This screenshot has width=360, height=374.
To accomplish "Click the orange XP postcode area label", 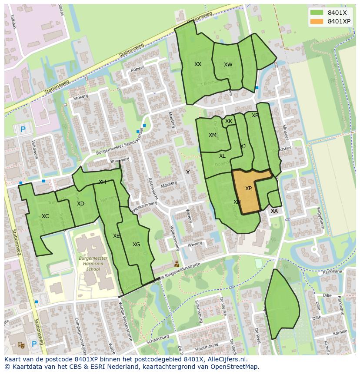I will point(248,189).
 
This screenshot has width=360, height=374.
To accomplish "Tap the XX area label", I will point(198,64).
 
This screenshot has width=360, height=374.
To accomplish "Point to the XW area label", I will point(228,65).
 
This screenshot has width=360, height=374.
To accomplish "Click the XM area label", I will point(212,135).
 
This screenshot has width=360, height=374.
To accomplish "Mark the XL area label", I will point(222,156).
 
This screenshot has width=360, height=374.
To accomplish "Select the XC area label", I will point(45,216).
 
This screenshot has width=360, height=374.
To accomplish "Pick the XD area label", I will point(80,204).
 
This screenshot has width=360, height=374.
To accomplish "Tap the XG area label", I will point(136,245).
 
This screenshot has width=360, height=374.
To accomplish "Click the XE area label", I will point(116,236).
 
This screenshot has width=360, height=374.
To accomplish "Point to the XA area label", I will point(274,211).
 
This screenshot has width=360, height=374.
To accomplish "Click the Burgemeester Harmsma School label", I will point(93,263).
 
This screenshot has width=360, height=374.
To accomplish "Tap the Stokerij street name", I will point(81,98).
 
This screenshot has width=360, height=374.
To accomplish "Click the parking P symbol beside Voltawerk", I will point(23,129).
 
